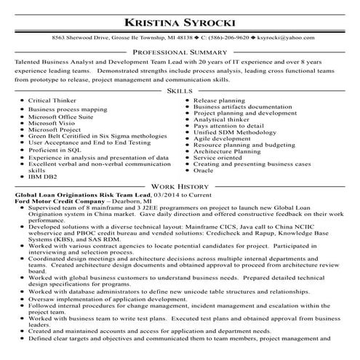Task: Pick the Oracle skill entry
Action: (x=204, y=170)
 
